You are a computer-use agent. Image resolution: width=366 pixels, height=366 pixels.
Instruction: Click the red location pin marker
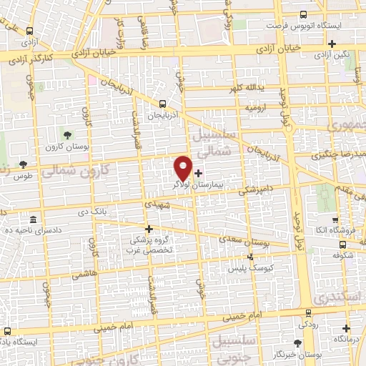point(183,167)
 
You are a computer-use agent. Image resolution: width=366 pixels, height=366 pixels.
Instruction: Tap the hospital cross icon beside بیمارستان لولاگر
point(198,172)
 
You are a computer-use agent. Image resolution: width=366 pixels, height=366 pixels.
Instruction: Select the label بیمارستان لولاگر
point(196,184)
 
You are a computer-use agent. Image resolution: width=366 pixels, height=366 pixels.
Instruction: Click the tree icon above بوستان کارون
point(67,134)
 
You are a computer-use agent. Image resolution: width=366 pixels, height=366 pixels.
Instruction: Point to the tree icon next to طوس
point(24,164)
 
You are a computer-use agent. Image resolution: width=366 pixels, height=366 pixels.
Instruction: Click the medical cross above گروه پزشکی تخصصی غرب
point(149,229)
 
